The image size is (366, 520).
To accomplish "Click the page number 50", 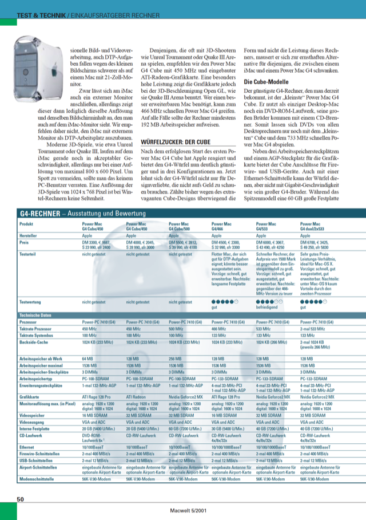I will point(20,499).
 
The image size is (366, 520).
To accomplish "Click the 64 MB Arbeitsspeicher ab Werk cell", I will point(87,357).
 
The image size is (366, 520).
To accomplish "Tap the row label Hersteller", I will point(30,235).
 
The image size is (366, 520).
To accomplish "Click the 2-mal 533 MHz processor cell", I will point(314,329).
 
